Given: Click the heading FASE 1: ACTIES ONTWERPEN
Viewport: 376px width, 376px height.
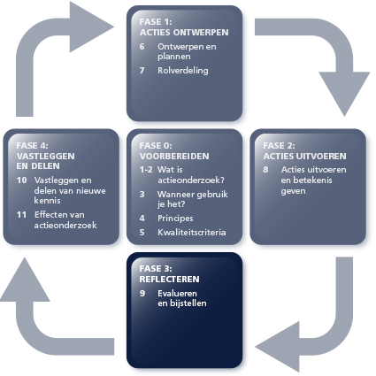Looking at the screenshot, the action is [184, 27].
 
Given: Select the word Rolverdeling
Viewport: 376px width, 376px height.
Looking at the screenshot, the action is [183, 71].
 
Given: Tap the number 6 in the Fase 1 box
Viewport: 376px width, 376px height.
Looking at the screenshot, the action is [142, 47].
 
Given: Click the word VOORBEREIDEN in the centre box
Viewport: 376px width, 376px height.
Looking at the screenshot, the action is [174, 156].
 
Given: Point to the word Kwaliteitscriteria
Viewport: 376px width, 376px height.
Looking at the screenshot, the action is [192, 233].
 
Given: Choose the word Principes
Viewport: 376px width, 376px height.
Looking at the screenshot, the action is [175, 219].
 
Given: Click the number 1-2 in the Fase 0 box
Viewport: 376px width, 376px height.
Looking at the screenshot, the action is [146, 170].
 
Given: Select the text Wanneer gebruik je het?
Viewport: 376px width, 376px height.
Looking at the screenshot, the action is [193, 199].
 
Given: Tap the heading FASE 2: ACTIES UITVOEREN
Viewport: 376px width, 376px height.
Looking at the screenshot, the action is [304, 150].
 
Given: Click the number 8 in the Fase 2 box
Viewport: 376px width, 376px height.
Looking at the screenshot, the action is [265, 170].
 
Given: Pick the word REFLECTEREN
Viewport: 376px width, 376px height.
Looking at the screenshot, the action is [169, 279].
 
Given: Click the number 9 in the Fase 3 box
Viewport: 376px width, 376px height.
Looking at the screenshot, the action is [142, 294].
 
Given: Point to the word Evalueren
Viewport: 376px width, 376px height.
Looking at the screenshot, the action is [177, 294].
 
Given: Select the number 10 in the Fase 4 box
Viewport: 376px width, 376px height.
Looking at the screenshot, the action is [21, 180].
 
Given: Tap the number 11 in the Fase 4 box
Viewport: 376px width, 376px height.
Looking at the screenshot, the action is [21, 215].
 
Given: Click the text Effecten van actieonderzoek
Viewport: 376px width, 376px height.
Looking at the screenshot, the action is [65, 219].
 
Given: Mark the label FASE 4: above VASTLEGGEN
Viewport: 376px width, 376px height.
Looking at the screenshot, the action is [32, 146].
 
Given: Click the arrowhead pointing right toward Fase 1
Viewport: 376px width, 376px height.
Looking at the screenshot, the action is [91, 27].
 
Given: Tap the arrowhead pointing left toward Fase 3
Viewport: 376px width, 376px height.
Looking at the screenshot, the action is [278, 347].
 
